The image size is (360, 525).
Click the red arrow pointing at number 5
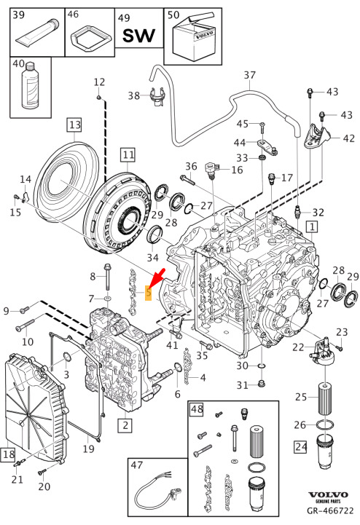[x=157, y=277]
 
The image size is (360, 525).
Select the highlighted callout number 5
[x=148, y=293]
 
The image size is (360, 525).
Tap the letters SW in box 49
[x=138, y=36]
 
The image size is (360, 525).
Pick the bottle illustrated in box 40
[x=30, y=86]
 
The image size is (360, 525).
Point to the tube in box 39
[x=37, y=33]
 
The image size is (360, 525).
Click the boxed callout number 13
[x=75, y=125]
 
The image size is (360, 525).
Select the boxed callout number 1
[x=312, y=227]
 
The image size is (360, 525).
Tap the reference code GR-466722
[x=330, y=511]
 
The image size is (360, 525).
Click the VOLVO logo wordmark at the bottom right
[x=328, y=494]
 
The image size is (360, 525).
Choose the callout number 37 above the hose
[x=250, y=75]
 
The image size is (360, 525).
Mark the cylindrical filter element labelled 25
[x=326, y=398]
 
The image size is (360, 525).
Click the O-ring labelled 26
[x=325, y=425]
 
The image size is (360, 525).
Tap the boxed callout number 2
[x=125, y=425]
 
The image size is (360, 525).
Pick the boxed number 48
[x=197, y=409]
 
